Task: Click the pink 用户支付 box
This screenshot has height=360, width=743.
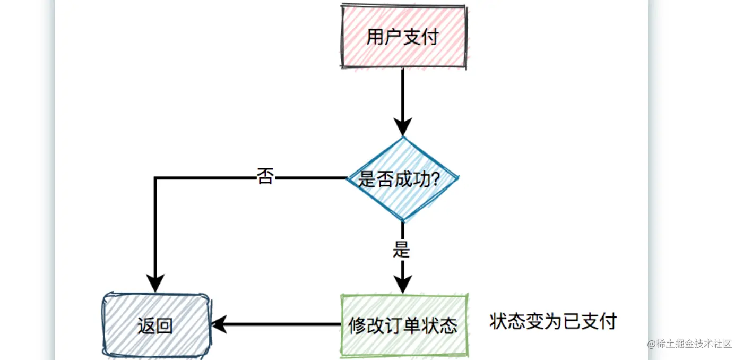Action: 403,37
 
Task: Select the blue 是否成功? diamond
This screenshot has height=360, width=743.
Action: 403,179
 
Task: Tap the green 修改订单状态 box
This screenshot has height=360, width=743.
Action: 403,324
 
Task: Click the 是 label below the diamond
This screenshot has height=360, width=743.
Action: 402,248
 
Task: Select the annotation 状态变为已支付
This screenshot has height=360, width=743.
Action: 552,321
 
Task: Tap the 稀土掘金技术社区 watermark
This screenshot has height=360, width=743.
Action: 689,344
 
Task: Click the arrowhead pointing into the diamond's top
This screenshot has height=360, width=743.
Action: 403,127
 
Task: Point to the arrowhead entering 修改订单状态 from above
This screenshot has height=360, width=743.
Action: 403,285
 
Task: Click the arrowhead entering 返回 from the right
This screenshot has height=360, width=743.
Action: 219,324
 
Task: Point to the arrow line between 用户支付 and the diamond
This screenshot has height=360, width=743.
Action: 403,96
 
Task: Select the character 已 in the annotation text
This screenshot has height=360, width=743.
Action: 571,321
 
